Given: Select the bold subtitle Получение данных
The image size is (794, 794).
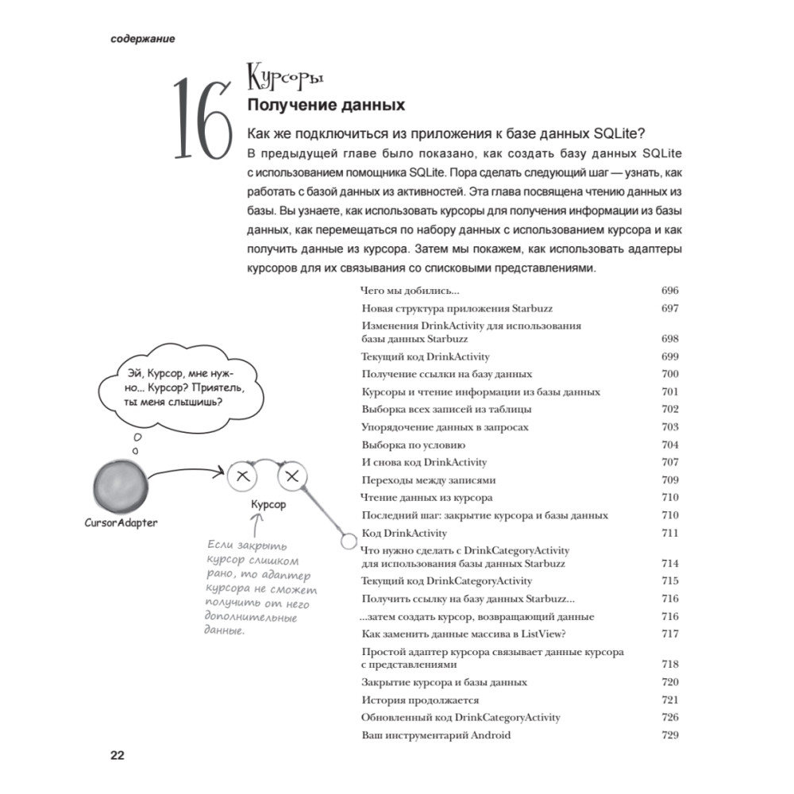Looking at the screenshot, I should pyautogui.click(x=326, y=105).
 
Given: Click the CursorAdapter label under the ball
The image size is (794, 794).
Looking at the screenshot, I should pyautogui.click(x=121, y=522).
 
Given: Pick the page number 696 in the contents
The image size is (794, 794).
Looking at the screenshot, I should pyautogui.click(x=669, y=291).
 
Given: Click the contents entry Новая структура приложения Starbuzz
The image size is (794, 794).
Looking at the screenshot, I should pyautogui.click(x=457, y=308).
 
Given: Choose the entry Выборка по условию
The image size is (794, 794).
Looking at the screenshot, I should pyautogui.click(x=413, y=445).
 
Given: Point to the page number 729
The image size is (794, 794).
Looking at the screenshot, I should pyautogui.click(x=669, y=735).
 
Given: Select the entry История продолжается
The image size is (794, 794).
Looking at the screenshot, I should pyautogui.click(x=420, y=700).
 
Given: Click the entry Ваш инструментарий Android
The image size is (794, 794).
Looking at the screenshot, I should pyautogui.click(x=436, y=735).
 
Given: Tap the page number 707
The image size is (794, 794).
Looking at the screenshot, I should pyautogui.click(x=669, y=462).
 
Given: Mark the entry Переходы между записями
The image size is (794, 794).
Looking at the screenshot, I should pyautogui.click(x=428, y=480).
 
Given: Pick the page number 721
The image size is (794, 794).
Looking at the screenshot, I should pyautogui.click(x=669, y=700).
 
